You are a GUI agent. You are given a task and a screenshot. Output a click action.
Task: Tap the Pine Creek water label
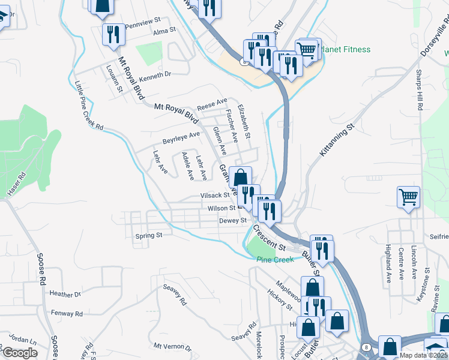coord(276,260)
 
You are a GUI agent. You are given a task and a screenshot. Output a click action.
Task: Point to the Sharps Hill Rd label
coord(420,91)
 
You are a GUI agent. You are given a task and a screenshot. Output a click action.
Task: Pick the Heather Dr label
coord(65,295)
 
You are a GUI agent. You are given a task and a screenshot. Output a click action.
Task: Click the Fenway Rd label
coord(67,314)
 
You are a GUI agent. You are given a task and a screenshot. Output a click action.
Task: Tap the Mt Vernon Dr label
coord(172,347)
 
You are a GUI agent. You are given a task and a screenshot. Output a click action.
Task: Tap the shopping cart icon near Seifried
coord(408,197)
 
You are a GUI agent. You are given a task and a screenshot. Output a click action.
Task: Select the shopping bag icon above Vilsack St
coord(240,178)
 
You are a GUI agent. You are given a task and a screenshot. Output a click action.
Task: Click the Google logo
coord(19,353)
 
